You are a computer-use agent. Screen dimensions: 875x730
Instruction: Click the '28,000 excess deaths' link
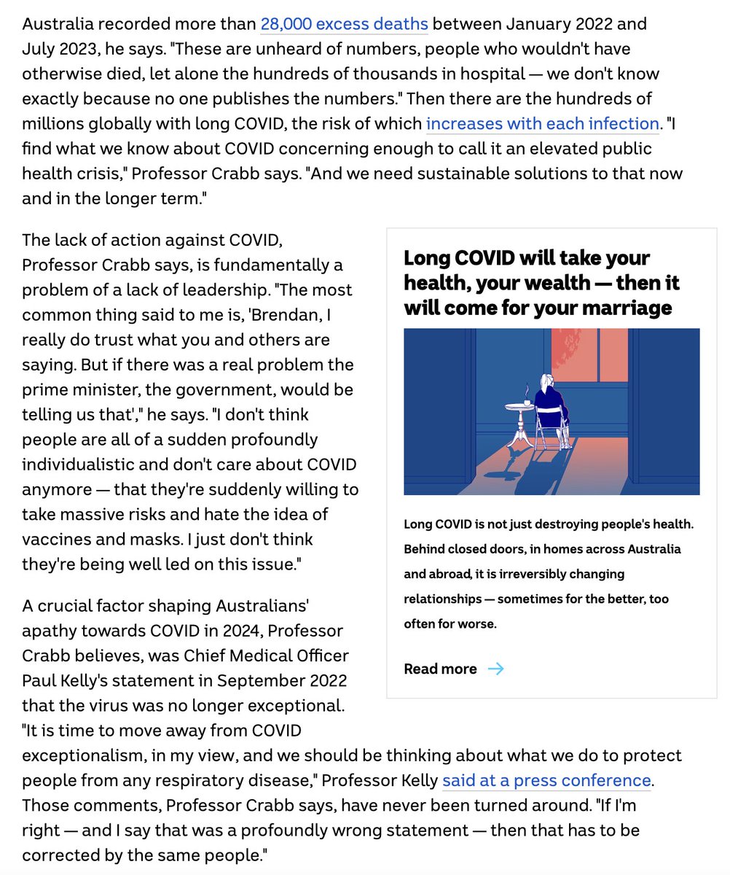click(x=344, y=24)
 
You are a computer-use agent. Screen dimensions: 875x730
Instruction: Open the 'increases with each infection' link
click(x=542, y=123)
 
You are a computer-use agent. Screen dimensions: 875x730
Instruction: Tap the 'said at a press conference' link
click(x=546, y=780)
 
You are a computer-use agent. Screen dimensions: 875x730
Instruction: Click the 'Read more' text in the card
click(x=440, y=669)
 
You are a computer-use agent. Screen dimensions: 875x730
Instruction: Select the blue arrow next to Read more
click(x=495, y=669)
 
